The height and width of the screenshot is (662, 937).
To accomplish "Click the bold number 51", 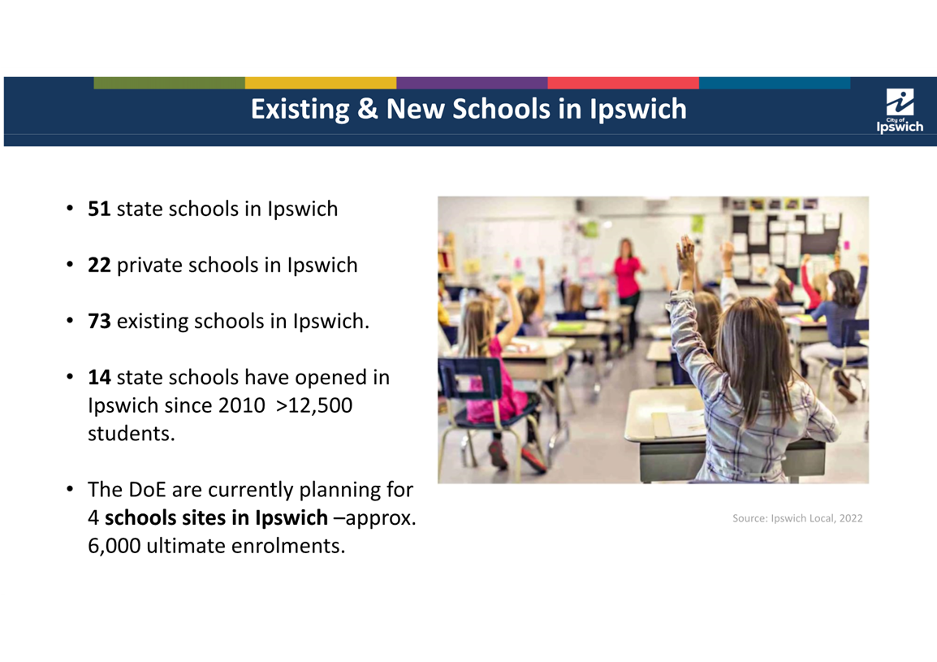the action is pyautogui.click(x=99, y=209).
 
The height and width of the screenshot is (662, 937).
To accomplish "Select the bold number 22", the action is pyautogui.click(x=99, y=265).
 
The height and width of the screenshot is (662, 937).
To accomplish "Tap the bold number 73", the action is pyautogui.click(x=99, y=321).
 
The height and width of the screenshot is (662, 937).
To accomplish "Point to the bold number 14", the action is pyautogui.click(x=99, y=378).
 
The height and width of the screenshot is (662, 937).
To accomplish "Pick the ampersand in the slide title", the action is pyautogui.click(x=368, y=109).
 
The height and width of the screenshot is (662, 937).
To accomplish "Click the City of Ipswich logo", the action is pyautogui.click(x=900, y=110).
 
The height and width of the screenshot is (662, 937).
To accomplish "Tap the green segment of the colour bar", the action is pyautogui.click(x=169, y=83).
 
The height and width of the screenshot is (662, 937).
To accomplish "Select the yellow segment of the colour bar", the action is pyautogui.click(x=321, y=83).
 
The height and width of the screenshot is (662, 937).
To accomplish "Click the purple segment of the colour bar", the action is pyautogui.click(x=472, y=83).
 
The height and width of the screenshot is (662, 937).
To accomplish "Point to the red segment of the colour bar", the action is pyautogui.click(x=624, y=83).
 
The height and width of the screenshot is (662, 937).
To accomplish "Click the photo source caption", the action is pyautogui.click(x=797, y=518).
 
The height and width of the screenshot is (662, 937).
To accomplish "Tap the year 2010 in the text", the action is pyautogui.click(x=241, y=405).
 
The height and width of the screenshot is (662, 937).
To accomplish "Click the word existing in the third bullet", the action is pyautogui.click(x=153, y=322).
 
